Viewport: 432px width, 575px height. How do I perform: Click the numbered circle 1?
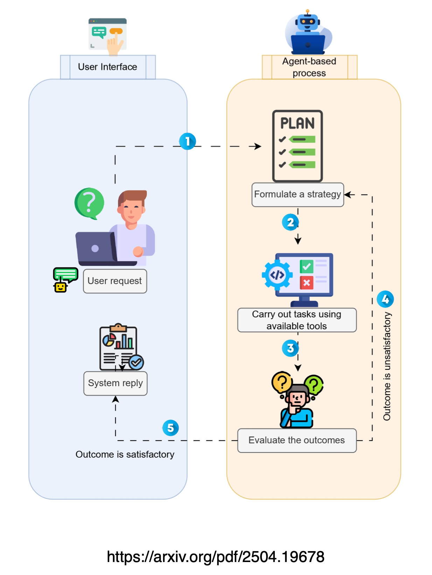click(x=187, y=141)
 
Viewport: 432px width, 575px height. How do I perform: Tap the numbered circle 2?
click(x=290, y=222)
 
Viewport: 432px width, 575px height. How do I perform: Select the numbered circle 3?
click(x=290, y=348)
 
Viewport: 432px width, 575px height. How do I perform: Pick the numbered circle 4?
click(x=385, y=299)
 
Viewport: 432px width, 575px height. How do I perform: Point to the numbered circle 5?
click(x=170, y=428)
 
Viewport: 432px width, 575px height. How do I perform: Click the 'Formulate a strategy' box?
click(x=298, y=195)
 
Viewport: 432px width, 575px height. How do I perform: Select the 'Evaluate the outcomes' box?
click(x=297, y=440)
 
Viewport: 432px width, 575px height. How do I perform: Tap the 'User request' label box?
click(x=115, y=281)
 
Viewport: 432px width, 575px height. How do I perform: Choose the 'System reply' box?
click(x=115, y=383)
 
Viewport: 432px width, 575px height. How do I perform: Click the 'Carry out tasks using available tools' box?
click(x=297, y=320)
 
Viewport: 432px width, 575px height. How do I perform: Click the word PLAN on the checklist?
click(x=298, y=123)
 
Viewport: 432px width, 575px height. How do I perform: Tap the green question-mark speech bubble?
click(x=89, y=203)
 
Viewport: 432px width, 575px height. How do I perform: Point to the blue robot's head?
click(x=307, y=22)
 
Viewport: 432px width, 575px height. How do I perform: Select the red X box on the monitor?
click(x=306, y=283)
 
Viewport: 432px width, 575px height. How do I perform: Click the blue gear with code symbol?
click(x=277, y=275)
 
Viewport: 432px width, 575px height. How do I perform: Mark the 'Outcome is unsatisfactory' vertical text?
click(x=386, y=366)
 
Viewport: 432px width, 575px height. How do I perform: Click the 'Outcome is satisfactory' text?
click(x=125, y=454)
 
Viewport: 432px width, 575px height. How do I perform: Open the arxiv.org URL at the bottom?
click(x=216, y=557)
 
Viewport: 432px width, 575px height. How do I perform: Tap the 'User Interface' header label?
click(x=107, y=67)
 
